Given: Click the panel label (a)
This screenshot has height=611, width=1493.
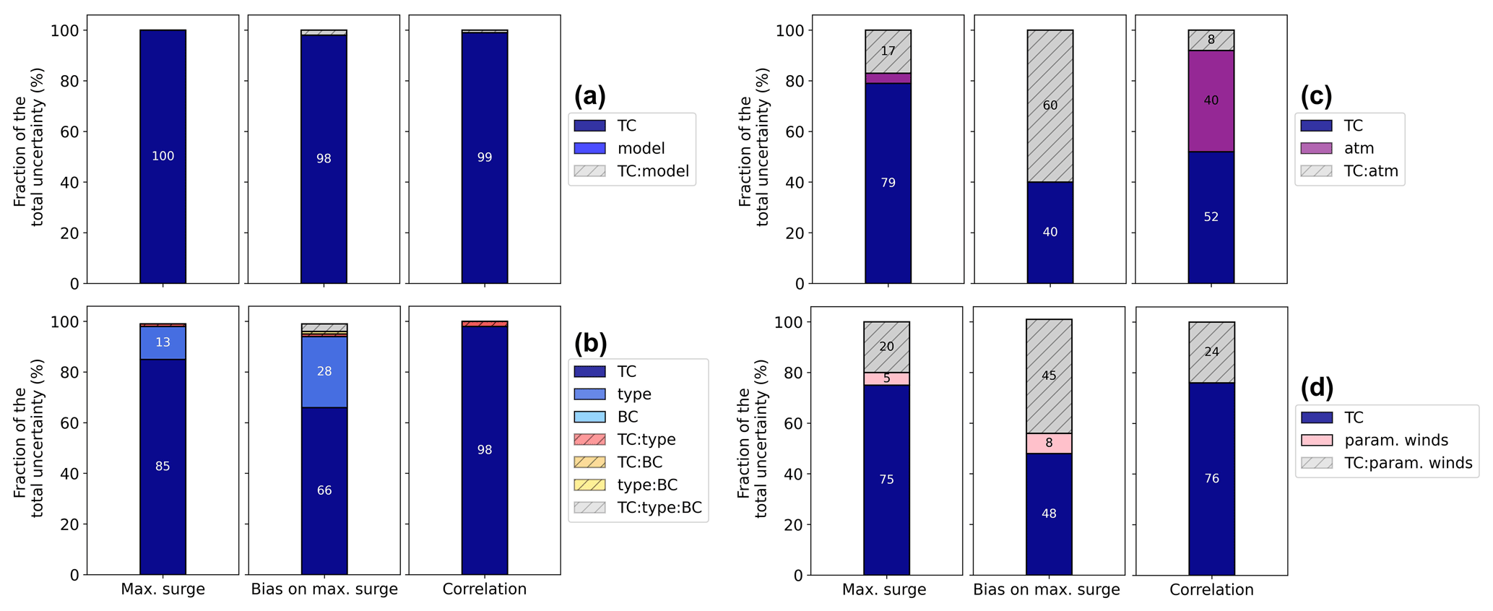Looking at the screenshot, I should coord(589,96).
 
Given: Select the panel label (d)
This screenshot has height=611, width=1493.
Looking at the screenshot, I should coord(1317,388).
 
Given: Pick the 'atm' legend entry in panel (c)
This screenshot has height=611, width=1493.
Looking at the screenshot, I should coord(1359,148).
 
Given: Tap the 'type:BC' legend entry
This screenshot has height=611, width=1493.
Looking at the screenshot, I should coord(647,485).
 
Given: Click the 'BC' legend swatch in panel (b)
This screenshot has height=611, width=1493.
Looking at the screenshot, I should coord(589,417).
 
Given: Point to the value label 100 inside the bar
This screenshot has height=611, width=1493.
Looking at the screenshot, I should coord(163,156).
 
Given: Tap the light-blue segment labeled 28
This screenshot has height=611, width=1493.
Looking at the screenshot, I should coord(324,371).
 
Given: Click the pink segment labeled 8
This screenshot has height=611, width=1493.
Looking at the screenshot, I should coord(1049,443).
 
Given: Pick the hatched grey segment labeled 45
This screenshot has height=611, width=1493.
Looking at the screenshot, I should coord(1049,376).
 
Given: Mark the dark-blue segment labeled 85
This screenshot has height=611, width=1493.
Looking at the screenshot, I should coord(163,467).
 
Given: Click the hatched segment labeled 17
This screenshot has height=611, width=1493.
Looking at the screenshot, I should coord(888,51).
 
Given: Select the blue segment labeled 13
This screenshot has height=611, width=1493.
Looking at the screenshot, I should coord(163,342).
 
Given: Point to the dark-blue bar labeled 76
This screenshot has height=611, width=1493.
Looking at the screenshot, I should coord(1211,479).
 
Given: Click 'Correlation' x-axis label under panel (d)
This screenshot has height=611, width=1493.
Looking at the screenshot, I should coord(1211,589).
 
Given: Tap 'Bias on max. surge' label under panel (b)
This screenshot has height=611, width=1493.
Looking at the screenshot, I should coord(324,589).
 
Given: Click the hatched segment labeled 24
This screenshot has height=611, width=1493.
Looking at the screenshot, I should coord(1211,352).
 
